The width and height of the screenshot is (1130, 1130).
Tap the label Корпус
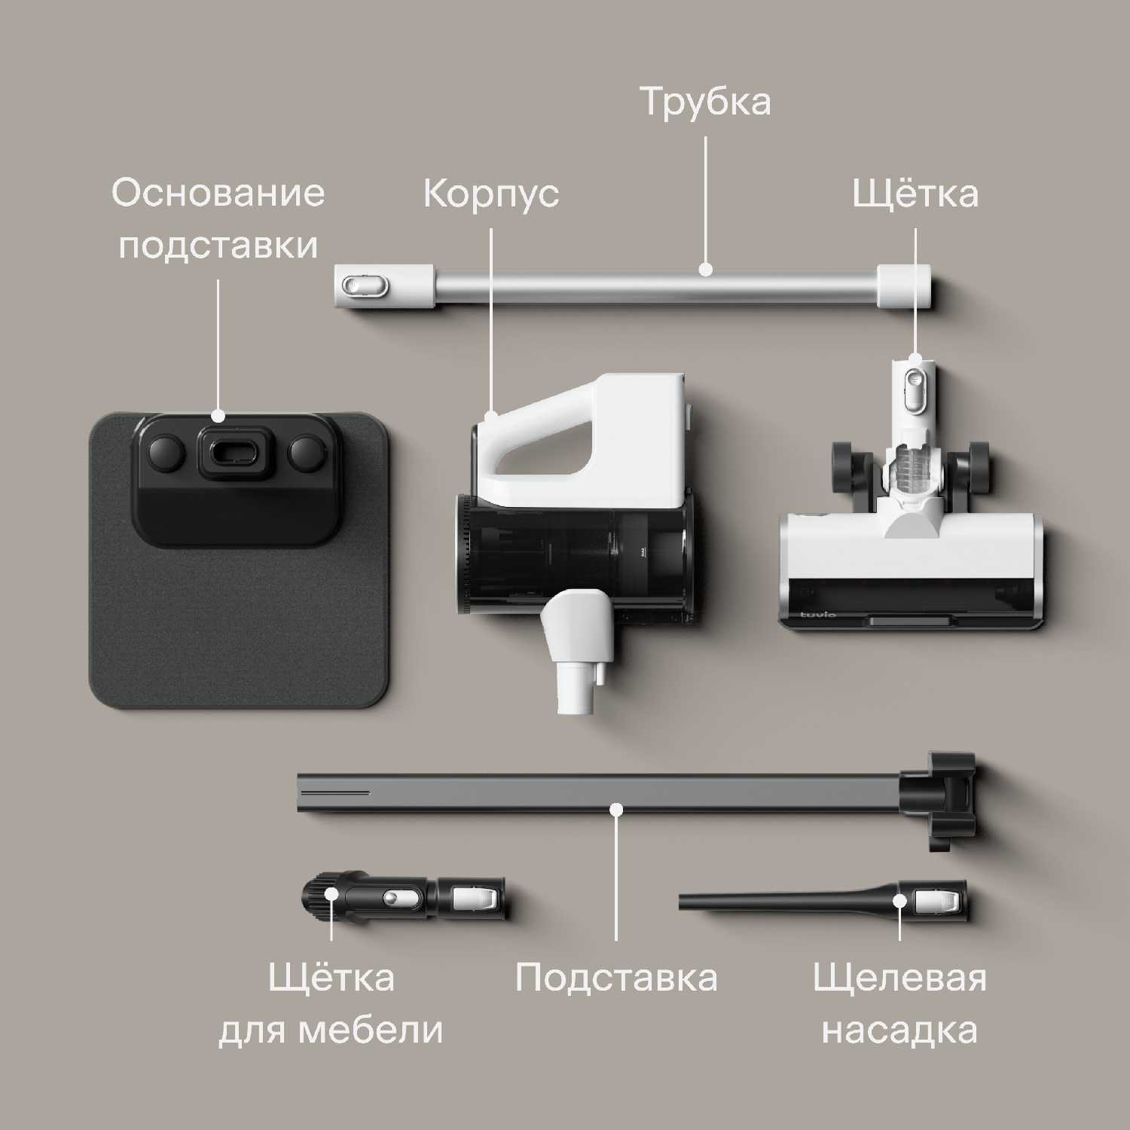[x=490, y=194]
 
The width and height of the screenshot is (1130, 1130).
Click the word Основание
[x=218, y=193]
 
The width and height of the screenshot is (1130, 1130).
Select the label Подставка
[x=616, y=978]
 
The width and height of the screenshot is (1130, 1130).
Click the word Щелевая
[x=899, y=978]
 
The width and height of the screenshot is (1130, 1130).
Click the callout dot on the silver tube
[x=705, y=270]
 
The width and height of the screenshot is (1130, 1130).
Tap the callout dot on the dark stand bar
[x=616, y=810]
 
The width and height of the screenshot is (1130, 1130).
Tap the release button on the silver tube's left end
[x=357, y=286]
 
